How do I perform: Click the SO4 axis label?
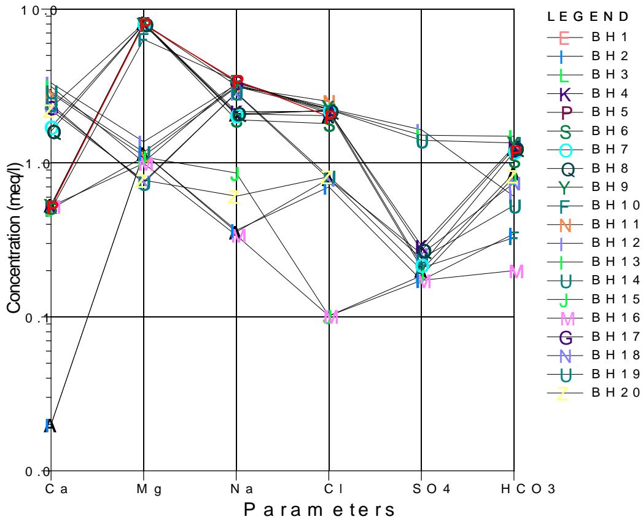[x=421, y=489]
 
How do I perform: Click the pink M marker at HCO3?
[x=516, y=271]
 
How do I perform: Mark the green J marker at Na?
[x=234, y=174]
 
